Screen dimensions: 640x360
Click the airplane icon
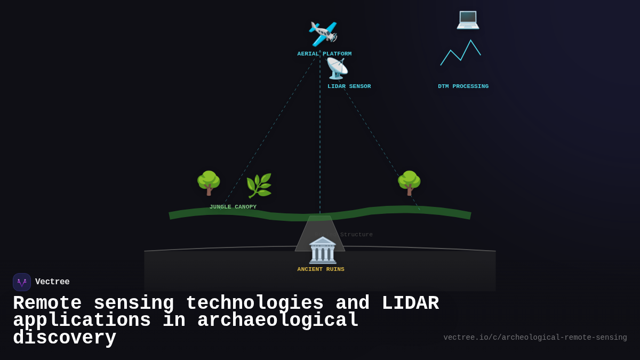point(323,34)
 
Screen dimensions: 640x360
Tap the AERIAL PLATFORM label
point(324,54)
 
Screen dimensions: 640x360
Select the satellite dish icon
point(337,69)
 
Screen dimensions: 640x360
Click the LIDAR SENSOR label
point(349,86)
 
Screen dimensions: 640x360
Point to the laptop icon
point(468,19)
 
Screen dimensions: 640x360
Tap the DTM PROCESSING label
point(463,86)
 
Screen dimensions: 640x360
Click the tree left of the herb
point(209,183)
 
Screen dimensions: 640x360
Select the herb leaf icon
point(259,186)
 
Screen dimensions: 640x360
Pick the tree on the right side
point(409,183)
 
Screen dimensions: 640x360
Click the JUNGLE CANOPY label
point(233,207)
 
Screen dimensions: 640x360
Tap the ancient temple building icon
point(323,250)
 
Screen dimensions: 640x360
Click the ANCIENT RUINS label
point(321,269)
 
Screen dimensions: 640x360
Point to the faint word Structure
point(356,235)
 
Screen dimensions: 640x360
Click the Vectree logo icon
point(22,282)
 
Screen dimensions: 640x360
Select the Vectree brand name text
point(52,282)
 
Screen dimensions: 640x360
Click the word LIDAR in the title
point(410,303)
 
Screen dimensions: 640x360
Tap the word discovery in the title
point(65,338)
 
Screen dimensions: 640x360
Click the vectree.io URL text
point(535,338)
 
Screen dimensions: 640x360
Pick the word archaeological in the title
point(278,321)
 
